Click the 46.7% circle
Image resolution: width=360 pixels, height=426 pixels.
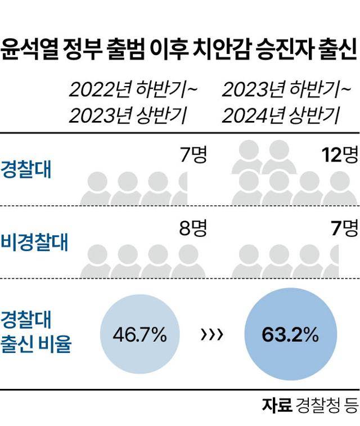[x=139, y=336]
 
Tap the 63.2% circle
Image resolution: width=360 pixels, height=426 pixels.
[x=290, y=336]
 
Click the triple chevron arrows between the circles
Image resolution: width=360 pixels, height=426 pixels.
[x=211, y=336]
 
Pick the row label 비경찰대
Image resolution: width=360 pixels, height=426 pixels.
[x=34, y=243]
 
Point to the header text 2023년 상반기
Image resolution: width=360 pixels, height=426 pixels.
[x=128, y=116]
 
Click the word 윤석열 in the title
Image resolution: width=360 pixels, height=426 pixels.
[x=25, y=50]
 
